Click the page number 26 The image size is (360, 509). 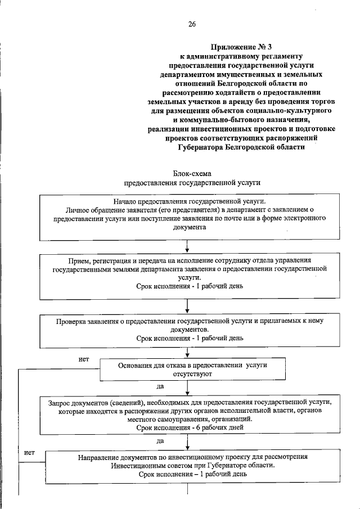[192, 24]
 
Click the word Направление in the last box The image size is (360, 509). [98, 457]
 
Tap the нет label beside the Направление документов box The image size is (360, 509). [29, 452]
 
